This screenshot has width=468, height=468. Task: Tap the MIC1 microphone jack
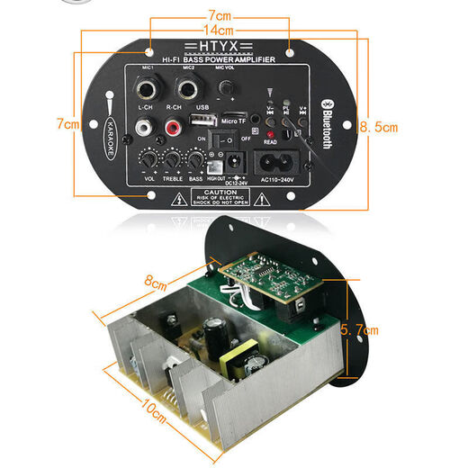point(148,90)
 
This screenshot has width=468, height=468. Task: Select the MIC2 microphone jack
point(189,90)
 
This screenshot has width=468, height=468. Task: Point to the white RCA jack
point(146,130)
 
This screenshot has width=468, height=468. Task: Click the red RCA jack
point(171,130)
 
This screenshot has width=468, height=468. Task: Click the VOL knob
point(146,161)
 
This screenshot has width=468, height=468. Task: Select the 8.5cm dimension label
point(378,127)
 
